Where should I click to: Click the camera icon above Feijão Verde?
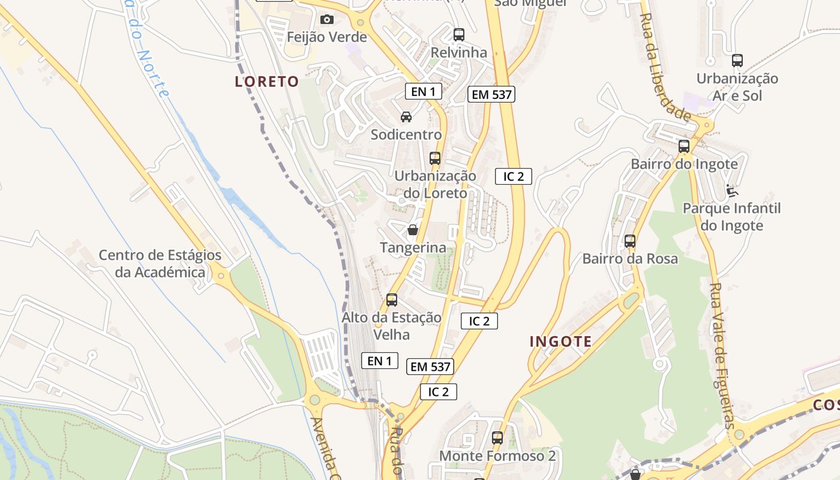click(327, 20)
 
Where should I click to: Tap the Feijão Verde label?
click(326, 37)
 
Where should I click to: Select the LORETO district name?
click(266, 82)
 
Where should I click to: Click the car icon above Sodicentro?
click(406, 116)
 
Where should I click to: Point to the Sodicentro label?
click(406, 134)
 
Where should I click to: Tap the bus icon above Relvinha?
click(459, 35)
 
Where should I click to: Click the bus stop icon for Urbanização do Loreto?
click(435, 158)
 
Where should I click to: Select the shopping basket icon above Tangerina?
click(413, 230)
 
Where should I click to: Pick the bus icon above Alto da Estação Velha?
click(392, 300)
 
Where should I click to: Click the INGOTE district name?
click(560, 341)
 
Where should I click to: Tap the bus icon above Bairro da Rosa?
click(630, 241)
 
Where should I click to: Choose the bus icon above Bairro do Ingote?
click(684, 146)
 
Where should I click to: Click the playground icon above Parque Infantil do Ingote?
click(731, 191)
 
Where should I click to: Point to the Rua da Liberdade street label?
click(665, 66)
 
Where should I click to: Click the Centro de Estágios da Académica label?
click(160, 263)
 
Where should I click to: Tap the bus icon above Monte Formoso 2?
click(497, 438)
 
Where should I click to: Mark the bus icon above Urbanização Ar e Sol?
click(737, 61)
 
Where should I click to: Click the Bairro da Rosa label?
click(630, 259)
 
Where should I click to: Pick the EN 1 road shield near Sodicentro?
click(423, 91)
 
